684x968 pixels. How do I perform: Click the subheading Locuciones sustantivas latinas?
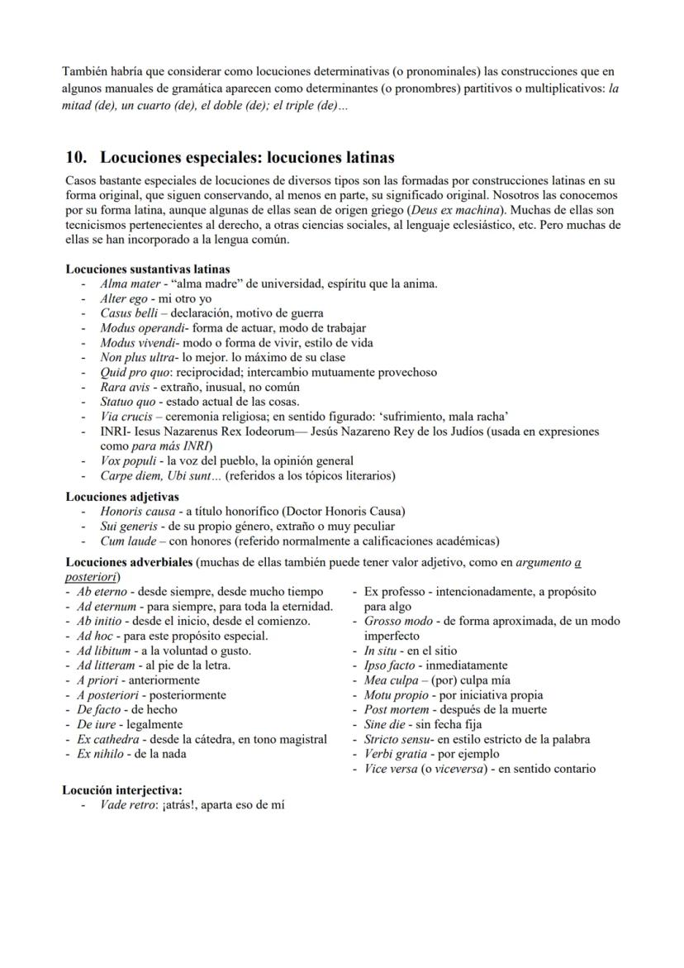click(x=147, y=269)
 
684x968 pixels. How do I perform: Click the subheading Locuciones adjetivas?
click(x=121, y=497)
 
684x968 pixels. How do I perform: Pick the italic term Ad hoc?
click(x=93, y=636)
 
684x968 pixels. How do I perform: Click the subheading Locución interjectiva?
click(x=123, y=789)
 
